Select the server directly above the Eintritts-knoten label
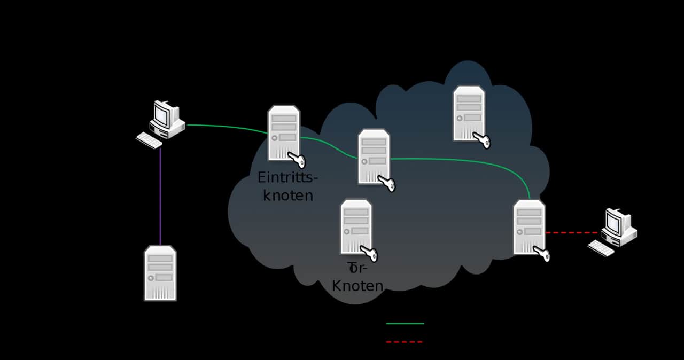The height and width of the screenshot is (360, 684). tap(283, 132)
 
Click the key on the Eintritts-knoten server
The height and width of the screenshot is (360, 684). tap(296, 159)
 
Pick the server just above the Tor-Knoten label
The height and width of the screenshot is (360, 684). tap(356, 226)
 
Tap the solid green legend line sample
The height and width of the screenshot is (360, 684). tap(405, 323)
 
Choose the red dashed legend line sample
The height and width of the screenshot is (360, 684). tap(404, 341)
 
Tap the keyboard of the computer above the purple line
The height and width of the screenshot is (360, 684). tap(149, 140)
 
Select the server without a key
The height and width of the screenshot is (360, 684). tap(160, 273)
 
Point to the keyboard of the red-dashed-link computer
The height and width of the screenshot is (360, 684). tap(601, 248)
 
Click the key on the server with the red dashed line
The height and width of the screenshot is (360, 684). tap(542, 254)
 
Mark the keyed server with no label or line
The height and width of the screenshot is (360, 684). tap(469, 113)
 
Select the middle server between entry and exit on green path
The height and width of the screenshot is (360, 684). tap(374, 156)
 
